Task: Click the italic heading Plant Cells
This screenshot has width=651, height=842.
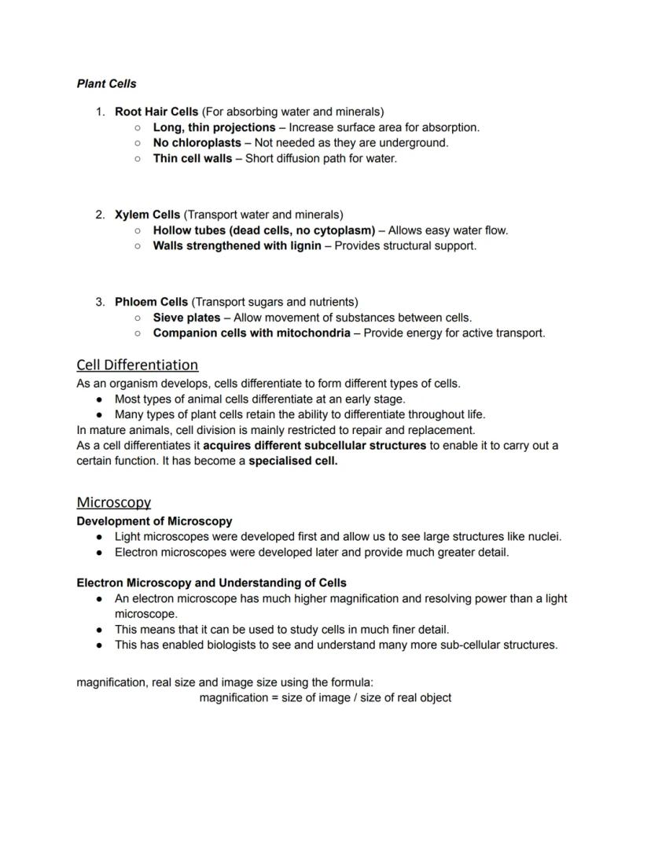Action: (106, 83)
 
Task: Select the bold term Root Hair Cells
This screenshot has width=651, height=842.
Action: (156, 112)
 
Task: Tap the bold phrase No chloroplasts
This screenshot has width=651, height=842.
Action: (197, 143)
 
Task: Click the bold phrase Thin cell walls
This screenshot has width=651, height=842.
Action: (192, 158)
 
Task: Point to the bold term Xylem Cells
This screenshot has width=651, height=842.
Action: (147, 215)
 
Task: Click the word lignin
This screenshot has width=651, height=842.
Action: (303, 245)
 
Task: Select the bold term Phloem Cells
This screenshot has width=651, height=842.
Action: (151, 302)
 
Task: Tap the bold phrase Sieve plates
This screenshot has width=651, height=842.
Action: (186, 318)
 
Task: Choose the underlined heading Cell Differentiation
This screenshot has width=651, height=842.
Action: (137, 365)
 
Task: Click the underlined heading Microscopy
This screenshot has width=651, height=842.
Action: (113, 502)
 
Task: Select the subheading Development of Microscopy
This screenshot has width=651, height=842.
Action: (154, 521)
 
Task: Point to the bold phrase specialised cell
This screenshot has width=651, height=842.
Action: (292, 461)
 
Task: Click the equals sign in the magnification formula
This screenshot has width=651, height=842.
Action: (275, 697)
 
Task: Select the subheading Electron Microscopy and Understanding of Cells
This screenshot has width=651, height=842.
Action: (211, 583)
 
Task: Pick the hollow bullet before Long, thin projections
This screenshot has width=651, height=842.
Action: (137, 127)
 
